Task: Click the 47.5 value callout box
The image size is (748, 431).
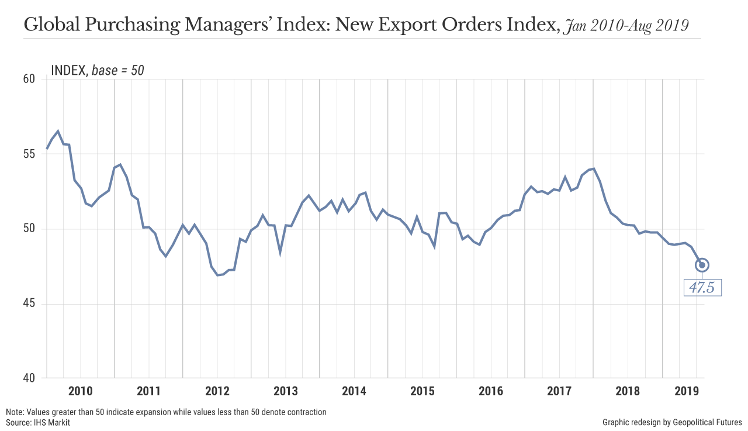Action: click(702, 288)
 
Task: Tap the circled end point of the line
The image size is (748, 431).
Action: click(702, 265)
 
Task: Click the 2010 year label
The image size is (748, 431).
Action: click(80, 391)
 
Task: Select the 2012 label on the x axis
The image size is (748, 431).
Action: click(217, 391)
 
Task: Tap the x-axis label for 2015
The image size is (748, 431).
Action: click(423, 391)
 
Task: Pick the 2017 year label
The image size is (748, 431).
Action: click(559, 391)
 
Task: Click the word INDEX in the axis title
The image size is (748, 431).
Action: click(69, 71)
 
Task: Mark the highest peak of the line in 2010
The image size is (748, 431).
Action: click(58, 131)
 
